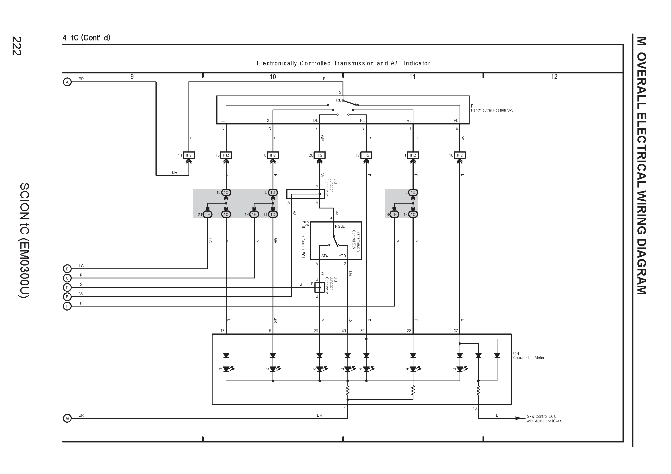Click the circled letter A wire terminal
coord(67,82)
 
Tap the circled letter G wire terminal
coord(67,418)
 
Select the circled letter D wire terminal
coord(67,288)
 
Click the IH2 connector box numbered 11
coord(189,155)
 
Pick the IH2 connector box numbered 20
coord(319,155)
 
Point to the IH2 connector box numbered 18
coord(460,155)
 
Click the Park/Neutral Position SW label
coord(492,110)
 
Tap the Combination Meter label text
coord(529,358)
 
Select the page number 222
coord(17,46)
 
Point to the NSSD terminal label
coord(340,226)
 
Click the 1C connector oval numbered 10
coord(226,192)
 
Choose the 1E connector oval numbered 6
coord(394,214)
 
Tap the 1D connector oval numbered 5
coord(273,192)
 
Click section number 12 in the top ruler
coord(554,77)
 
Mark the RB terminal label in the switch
coord(339,100)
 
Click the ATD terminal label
coord(342,256)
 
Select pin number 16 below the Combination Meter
coord(474,408)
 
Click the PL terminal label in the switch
coord(456,121)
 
